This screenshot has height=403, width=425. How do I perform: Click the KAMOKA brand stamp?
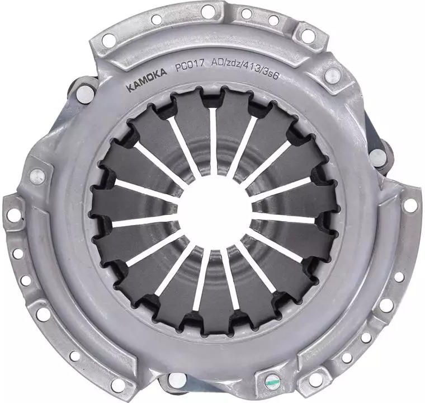[147, 80]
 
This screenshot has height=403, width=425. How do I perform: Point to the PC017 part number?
[190, 67]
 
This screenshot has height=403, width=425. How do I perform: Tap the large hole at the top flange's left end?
[109, 40]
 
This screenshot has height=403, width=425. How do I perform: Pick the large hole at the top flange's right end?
[308, 35]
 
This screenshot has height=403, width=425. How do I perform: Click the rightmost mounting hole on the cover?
[410, 205]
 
